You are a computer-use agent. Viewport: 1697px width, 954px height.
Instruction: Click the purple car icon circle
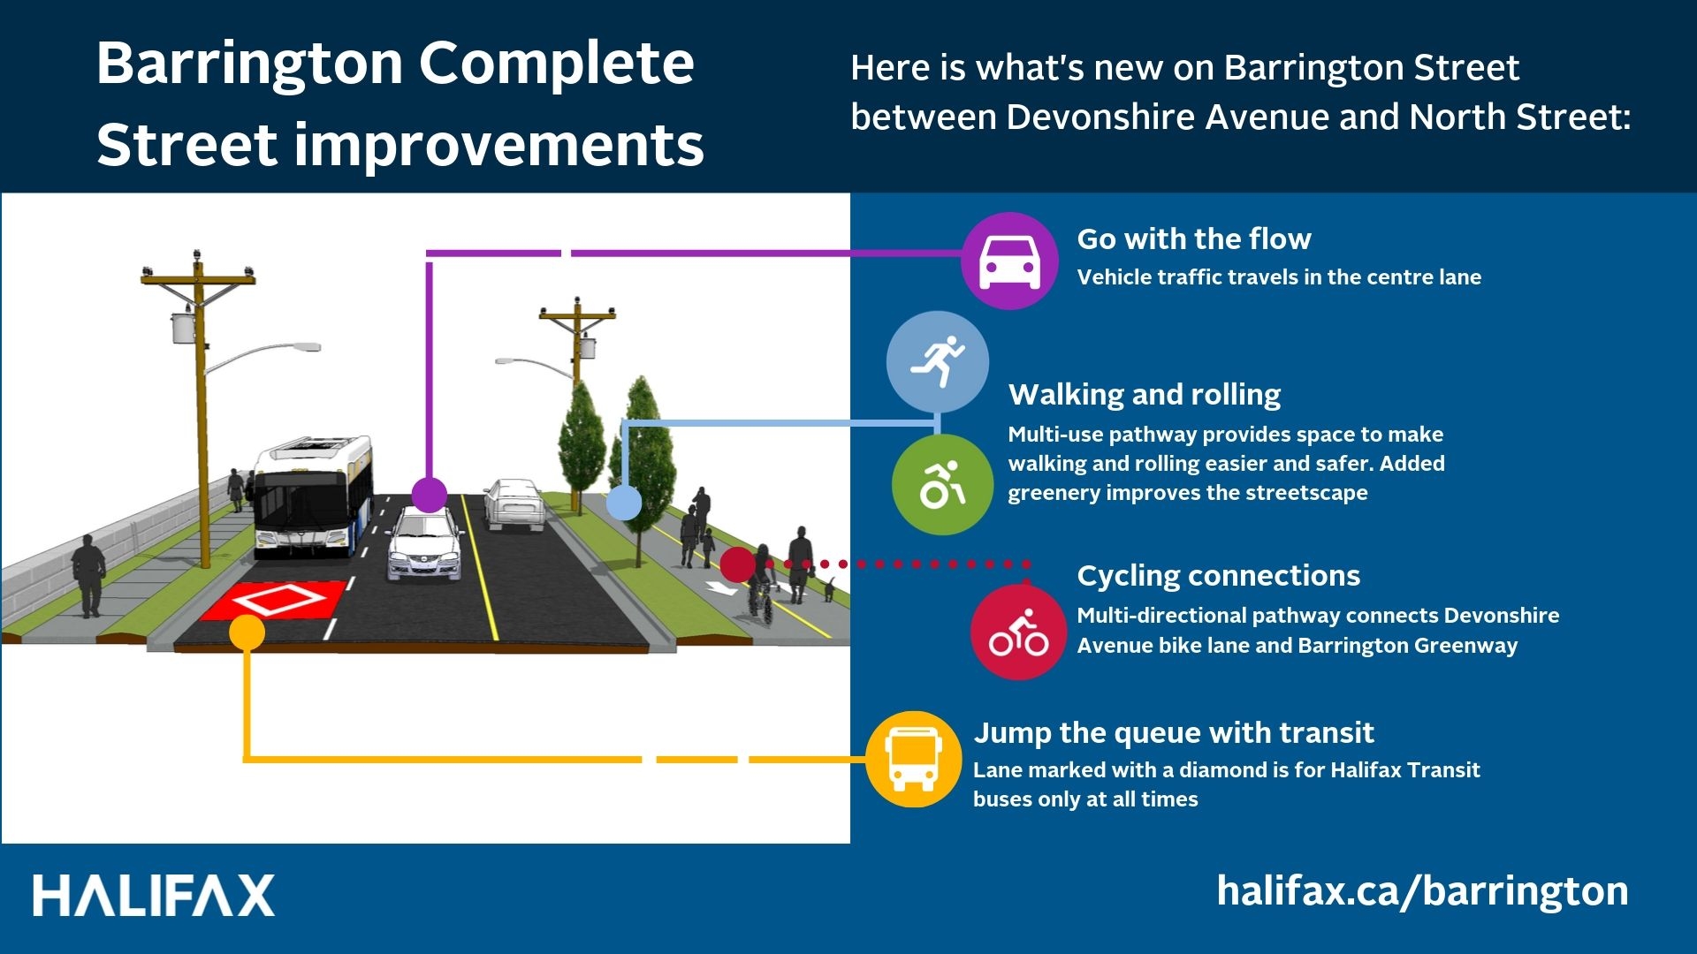click(x=1009, y=261)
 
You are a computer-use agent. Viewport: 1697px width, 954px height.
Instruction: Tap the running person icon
click(x=938, y=361)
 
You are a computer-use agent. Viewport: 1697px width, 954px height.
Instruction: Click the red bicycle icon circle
click(x=1019, y=632)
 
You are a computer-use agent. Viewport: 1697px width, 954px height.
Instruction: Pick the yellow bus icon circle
click(x=913, y=760)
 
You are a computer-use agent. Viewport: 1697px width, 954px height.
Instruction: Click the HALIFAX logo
click(x=154, y=896)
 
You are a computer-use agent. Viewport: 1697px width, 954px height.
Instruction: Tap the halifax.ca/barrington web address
click(x=1422, y=891)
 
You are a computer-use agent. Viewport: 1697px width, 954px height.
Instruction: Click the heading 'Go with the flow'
click(x=1193, y=238)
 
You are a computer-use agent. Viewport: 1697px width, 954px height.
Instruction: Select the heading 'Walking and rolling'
click(x=1145, y=395)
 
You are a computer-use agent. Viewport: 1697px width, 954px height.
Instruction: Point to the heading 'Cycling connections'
click(x=1218, y=576)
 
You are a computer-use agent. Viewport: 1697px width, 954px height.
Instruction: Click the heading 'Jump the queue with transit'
click(x=1174, y=733)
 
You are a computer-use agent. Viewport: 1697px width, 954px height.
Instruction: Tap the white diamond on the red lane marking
click(x=280, y=600)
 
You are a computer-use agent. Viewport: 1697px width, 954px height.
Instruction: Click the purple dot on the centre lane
click(x=430, y=495)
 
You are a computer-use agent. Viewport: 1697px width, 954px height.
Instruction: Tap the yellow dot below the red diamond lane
click(x=247, y=632)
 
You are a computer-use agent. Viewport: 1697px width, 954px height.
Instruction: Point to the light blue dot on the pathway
click(x=624, y=503)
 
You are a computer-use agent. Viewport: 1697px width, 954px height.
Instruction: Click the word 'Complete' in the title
click(x=556, y=64)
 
